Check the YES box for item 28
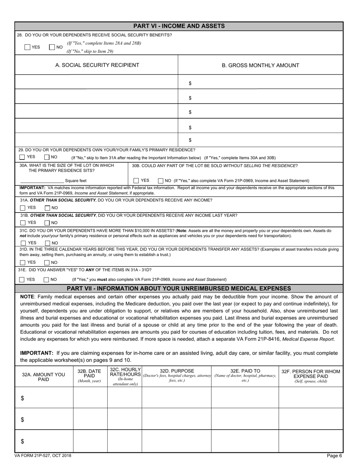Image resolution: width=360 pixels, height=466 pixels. point(27,47)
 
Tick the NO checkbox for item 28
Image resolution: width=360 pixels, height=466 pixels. point(52,47)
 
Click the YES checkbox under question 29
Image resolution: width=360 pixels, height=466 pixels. point(22,157)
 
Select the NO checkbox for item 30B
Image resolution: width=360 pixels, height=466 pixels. point(160,181)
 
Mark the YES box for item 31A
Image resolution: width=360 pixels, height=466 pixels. point(23,208)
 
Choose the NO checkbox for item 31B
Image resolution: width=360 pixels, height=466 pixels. point(47,223)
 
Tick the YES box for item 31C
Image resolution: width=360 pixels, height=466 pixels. point(23,243)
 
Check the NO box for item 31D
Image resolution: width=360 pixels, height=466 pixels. point(47,263)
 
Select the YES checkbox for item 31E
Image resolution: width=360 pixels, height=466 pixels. point(22,280)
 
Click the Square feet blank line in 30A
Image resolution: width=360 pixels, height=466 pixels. point(42,181)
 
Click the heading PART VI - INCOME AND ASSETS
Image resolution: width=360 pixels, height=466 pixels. point(179,26)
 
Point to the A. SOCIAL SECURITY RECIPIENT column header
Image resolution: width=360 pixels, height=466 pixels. point(97,65)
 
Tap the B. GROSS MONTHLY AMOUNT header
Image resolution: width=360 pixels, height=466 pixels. point(260,66)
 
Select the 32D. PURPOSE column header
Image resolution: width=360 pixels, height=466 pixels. point(177,371)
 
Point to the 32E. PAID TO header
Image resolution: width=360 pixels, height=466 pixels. point(245,371)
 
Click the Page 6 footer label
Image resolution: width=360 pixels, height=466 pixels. point(335,456)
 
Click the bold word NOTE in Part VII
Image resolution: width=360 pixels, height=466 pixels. point(27,297)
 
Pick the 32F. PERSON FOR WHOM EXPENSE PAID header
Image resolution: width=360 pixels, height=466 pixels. point(311,374)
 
